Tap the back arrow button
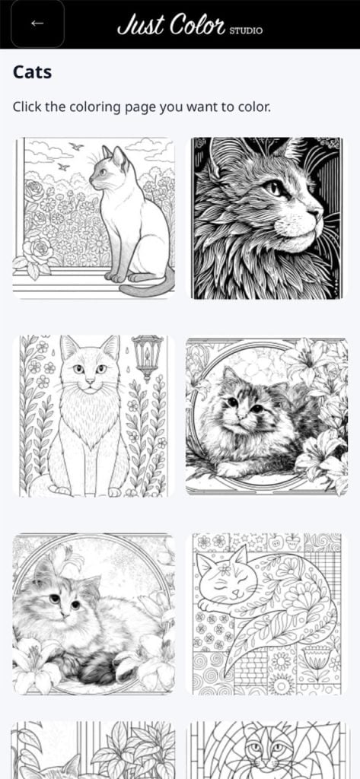(x=37, y=24)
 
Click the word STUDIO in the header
(x=246, y=30)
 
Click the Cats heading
(x=32, y=72)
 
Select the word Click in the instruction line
(x=27, y=107)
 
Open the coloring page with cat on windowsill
(x=94, y=218)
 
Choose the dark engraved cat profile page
(x=267, y=218)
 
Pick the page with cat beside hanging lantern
(x=94, y=416)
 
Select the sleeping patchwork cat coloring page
(x=267, y=614)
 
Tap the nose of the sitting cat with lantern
(x=90, y=380)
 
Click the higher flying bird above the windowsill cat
(x=76, y=147)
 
